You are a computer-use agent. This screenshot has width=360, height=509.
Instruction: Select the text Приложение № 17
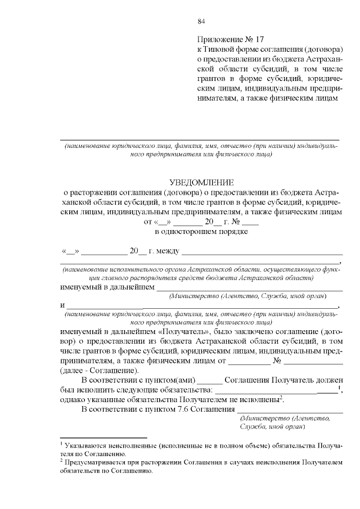point(231,40)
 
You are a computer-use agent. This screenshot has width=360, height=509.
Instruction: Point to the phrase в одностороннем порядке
point(201,231)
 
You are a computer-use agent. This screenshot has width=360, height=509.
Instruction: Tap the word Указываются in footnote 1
point(86,445)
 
